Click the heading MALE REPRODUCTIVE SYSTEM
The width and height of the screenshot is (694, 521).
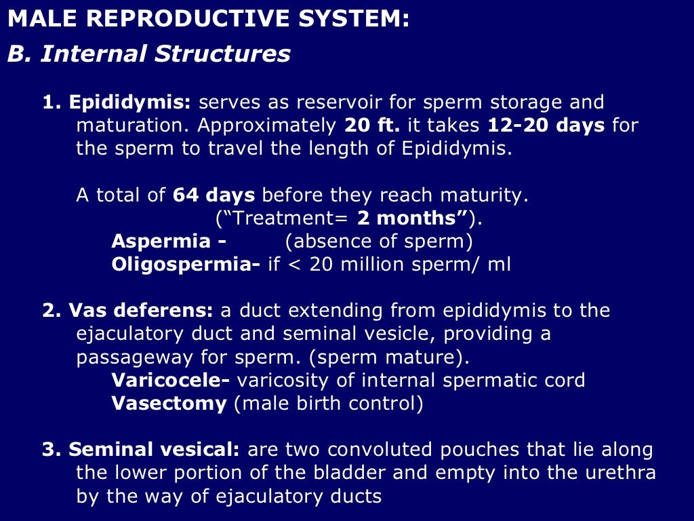(x=208, y=18)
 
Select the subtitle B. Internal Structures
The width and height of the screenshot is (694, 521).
(x=149, y=54)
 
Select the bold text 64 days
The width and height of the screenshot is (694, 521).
(x=213, y=195)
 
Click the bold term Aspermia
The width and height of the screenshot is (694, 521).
(x=168, y=242)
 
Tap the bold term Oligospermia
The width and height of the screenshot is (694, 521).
(x=185, y=265)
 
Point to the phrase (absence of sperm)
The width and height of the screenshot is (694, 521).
(x=379, y=242)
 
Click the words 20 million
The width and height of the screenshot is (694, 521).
(x=353, y=265)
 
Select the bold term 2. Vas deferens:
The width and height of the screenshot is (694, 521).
(x=127, y=311)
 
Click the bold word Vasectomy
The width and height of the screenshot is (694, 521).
(x=169, y=403)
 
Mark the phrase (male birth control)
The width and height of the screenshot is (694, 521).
(x=328, y=403)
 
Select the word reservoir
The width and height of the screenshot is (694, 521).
(x=325, y=102)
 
